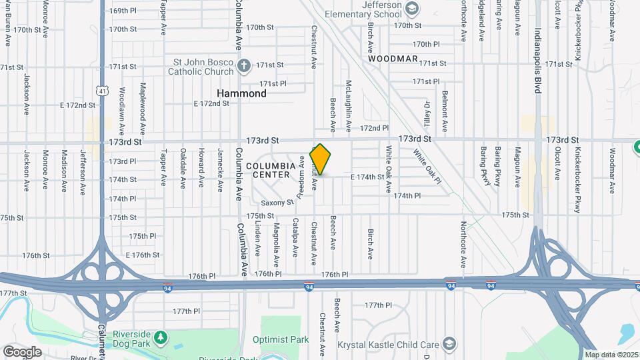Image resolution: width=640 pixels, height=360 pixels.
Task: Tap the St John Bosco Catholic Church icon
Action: coord(244,65)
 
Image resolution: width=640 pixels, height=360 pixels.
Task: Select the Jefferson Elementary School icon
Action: coord(412,8)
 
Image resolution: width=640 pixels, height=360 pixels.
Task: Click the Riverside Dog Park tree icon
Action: coord(161,337)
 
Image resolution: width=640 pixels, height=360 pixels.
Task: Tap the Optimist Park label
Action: coord(281,339)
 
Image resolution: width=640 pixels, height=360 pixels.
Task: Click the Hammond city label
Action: coord(242,93)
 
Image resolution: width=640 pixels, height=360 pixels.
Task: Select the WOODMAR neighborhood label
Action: coord(393,59)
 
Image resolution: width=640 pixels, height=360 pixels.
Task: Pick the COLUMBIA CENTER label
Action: coord(270,170)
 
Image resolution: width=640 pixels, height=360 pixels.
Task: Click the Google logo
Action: coord(22,351)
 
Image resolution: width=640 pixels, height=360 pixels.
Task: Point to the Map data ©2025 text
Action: coord(611,355)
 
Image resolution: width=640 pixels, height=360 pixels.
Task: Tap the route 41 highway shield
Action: coord(101,90)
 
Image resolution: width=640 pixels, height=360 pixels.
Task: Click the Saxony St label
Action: coord(277,203)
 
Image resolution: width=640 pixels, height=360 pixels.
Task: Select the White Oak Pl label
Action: coord(427,165)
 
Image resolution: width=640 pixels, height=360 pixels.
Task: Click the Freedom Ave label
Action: coord(301,177)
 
